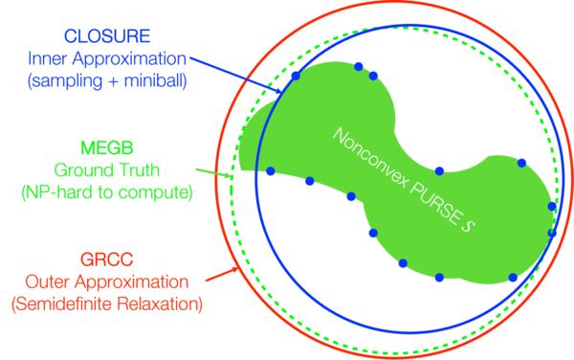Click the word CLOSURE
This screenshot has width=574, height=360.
107,35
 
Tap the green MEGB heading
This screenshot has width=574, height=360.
107,148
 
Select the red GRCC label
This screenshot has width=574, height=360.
106,259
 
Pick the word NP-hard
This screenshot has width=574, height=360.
57,191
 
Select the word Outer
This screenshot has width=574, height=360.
48,281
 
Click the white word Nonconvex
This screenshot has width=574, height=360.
369,159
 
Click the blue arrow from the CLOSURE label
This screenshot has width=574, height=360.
236,76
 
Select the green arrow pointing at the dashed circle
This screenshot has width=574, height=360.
213,173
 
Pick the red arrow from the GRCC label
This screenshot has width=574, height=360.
222,275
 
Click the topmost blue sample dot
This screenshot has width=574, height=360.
359,67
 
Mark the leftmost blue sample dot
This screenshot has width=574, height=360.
271,171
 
